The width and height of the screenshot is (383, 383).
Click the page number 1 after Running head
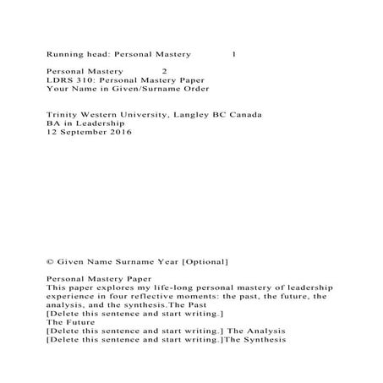[x=233, y=53]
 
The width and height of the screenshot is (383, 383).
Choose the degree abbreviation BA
[x=54, y=123]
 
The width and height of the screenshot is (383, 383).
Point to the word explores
[x=113, y=287]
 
